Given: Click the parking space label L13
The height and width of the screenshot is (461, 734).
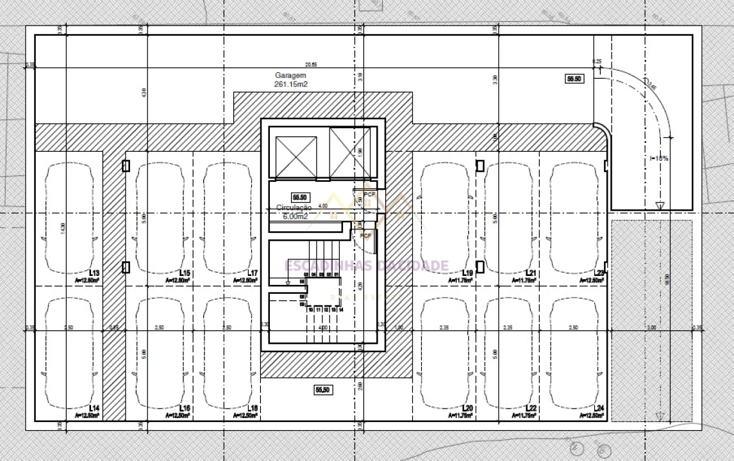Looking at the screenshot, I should [95, 273].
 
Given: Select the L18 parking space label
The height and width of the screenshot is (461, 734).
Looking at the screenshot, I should [253, 408].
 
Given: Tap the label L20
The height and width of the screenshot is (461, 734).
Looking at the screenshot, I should [467, 408].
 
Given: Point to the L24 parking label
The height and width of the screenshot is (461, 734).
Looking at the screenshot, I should [599, 408].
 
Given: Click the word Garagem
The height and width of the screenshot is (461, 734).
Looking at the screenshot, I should [291, 75].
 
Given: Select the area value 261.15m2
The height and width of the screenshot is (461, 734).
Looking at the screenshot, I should [291, 84].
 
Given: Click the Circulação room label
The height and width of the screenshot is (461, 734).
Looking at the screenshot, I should [294, 208].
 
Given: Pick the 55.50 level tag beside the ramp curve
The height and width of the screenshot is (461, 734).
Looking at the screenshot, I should [574, 79].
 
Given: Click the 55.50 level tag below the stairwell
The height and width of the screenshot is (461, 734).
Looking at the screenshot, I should [322, 389].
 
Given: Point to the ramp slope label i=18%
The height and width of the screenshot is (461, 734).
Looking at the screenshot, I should [659, 158].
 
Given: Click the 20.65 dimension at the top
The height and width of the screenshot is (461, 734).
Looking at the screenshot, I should [311, 65].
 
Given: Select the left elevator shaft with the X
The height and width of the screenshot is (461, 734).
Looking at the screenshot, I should [294, 153].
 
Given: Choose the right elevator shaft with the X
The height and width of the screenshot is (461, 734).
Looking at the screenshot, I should [349, 152].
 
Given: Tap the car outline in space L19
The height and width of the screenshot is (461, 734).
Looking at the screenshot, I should [444, 218].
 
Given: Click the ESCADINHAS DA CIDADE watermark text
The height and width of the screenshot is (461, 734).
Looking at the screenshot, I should [366, 266].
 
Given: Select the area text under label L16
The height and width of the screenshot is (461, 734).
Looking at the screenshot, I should [177, 416].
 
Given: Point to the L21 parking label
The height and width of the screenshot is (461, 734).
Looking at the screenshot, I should [531, 273].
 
